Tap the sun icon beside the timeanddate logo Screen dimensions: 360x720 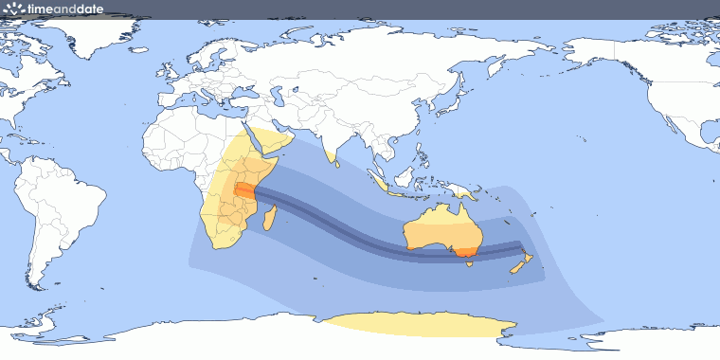(13, 8)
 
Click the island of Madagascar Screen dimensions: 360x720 (270, 221)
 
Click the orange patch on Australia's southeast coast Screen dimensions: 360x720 (463, 252)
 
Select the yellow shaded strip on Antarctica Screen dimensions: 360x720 (417, 326)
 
